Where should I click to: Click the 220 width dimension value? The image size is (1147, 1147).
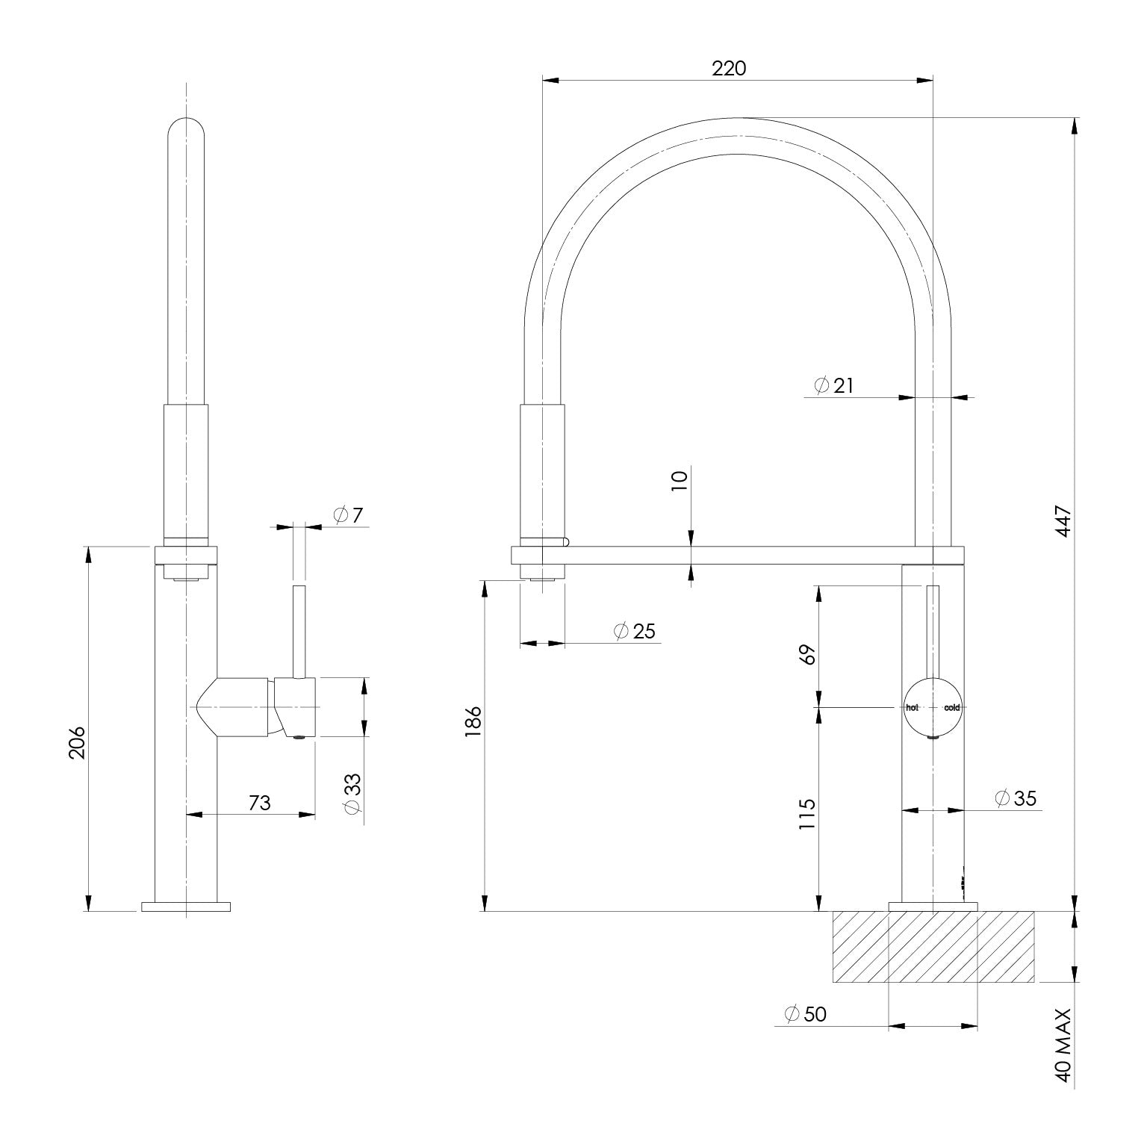click(x=728, y=68)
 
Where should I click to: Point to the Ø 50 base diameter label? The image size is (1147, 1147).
click(x=805, y=1014)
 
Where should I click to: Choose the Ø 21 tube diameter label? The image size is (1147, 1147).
click(x=833, y=385)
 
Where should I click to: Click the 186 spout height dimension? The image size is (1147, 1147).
click(x=473, y=722)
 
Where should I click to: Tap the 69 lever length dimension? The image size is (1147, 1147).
click(x=807, y=653)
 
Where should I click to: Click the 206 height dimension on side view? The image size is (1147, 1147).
click(x=78, y=742)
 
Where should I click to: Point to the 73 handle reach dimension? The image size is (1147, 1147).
click(x=259, y=803)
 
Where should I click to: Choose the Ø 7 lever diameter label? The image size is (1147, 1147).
click(x=348, y=515)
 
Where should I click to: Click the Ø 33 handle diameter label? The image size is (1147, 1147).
click(x=352, y=793)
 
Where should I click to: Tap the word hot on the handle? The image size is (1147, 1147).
click(x=912, y=707)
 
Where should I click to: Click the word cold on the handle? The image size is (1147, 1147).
click(x=951, y=707)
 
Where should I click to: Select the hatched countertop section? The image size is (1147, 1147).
click(x=933, y=946)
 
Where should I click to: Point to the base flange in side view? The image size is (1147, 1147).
click(x=186, y=907)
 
